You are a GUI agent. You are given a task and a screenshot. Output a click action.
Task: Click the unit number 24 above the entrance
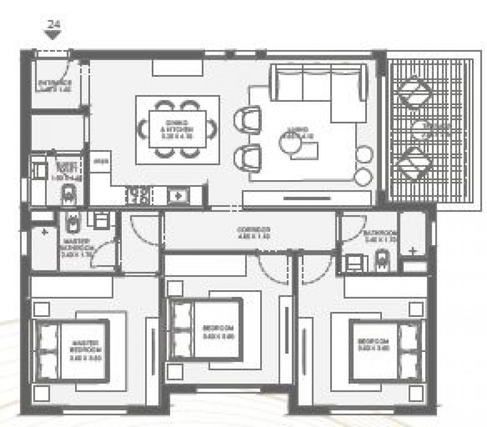[x=53, y=24]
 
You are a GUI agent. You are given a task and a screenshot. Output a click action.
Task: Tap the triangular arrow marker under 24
[x=53, y=35]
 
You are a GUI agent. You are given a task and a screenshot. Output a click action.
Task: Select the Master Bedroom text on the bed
[x=85, y=350]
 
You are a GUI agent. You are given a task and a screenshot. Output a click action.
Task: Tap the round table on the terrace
[x=422, y=128]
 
